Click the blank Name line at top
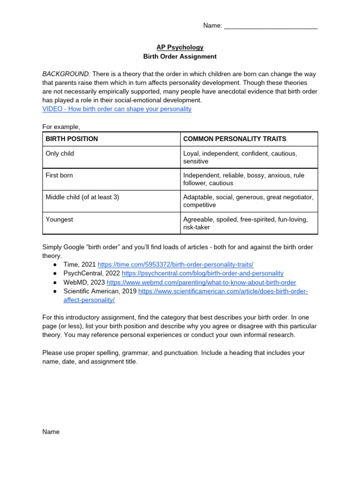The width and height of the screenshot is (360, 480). pos(270,26)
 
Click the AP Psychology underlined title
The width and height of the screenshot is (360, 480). pos(180,47)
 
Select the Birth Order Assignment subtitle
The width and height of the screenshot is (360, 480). pos(180,57)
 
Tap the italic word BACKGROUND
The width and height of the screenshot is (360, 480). pos(66,74)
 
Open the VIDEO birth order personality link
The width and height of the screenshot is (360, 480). pos(117,109)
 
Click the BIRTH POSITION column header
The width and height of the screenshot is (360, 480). pos(72,139)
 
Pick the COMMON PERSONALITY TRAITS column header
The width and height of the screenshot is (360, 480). pos(234,139)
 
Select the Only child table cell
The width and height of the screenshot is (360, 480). pos(60,153)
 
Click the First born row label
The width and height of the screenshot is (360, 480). pos(59,175)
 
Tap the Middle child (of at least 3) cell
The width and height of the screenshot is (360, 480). pos(82,197)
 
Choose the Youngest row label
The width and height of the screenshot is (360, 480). pos(59,219)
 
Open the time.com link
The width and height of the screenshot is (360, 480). pos(175,264)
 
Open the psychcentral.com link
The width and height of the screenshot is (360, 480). pos(202,273)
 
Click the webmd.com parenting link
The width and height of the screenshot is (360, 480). pos(201,282)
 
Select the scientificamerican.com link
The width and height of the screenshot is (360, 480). pos(223,291)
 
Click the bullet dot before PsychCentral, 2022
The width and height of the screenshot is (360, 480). pos(55,273)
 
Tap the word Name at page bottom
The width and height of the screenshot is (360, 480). pos(51,432)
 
